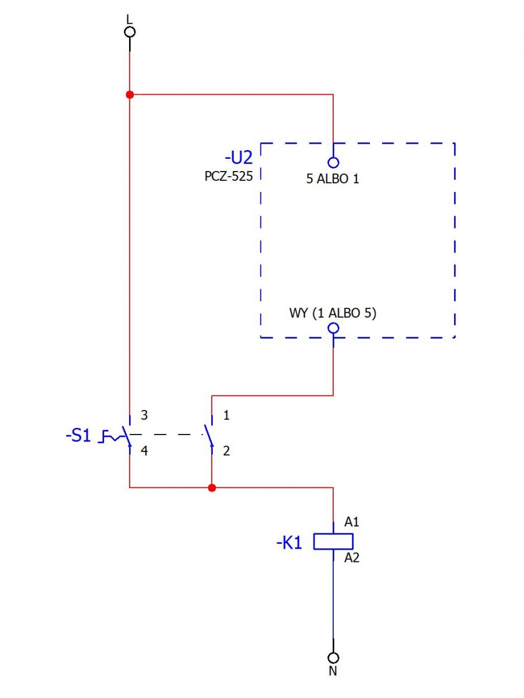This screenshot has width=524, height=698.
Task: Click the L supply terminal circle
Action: [130, 32]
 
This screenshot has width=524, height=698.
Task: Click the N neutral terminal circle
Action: [333, 658]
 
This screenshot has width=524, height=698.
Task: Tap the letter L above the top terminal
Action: [129, 19]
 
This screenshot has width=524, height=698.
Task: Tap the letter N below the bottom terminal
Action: [333, 672]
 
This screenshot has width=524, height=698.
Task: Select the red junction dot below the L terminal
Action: [130, 94]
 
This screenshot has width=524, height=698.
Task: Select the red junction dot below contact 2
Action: [212, 488]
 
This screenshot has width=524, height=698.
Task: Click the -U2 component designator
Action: [238, 158]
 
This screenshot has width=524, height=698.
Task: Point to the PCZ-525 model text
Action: [229, 176]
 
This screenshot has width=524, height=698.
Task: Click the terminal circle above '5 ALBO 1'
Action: [333, 162]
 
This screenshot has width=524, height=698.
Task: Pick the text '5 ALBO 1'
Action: [333, 179]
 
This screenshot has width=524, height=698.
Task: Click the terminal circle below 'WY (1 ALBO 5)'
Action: [333, 328]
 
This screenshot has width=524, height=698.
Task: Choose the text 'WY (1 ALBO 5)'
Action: [333, 313]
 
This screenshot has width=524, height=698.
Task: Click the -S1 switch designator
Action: [78, 435]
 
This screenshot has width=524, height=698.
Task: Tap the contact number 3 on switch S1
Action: [144, 415]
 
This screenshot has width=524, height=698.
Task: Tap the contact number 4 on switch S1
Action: [144, 451]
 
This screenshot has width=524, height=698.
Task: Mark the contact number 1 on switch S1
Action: [226, 415]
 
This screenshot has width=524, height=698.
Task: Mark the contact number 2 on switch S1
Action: [226, 451]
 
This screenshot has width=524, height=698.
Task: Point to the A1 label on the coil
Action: [352, 522]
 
